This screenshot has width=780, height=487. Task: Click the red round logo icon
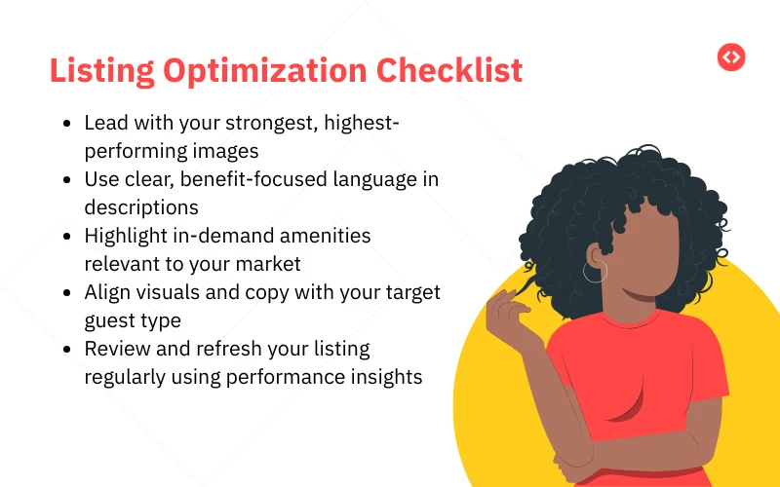point(730,57)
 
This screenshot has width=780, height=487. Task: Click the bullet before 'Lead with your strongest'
point(66,125)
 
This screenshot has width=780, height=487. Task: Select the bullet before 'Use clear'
point(66,181)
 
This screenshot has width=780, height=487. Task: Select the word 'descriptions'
point(141,207)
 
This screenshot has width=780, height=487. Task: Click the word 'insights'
point(389,377)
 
